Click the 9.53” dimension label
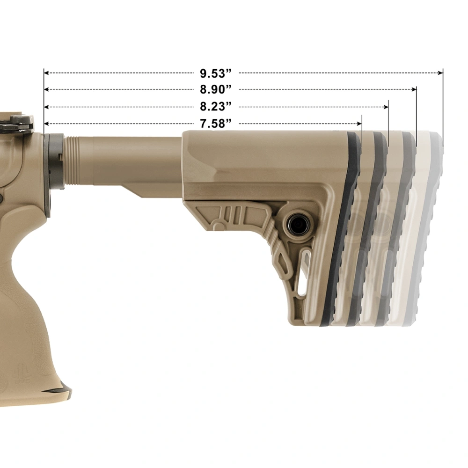(x=216, y=73)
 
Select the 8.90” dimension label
(x=216, y=89)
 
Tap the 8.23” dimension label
(x=216, y=107)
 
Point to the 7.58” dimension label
(x=216, y=124)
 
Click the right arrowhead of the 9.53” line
(x=440, y=73)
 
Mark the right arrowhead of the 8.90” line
(x=414, y=89)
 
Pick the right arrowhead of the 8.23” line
(x=386, y=107)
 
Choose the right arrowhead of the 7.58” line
(x=359, y=124)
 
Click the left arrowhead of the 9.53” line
(x=46, y=73)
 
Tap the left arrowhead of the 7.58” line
(x=46, y=124)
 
